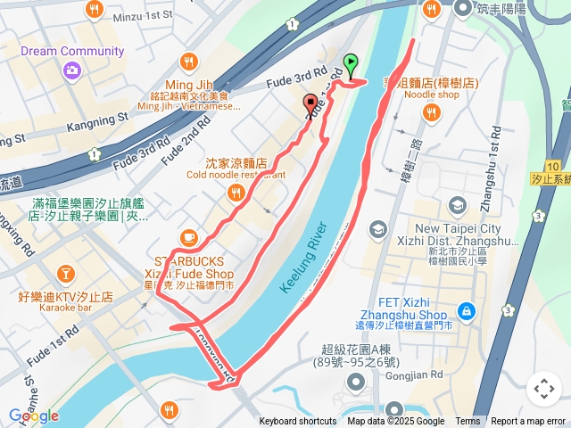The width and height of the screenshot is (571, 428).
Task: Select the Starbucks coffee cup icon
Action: coord(187,237)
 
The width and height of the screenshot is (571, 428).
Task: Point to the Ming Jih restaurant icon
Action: coord(188,62)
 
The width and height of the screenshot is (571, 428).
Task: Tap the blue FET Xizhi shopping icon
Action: coord(465,311)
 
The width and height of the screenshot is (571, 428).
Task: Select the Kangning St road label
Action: coord(97,118)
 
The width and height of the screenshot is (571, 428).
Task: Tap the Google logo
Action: coord(33,416)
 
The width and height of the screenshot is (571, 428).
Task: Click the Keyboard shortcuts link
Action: coord(298,422)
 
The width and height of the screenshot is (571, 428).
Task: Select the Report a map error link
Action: coord(528,422)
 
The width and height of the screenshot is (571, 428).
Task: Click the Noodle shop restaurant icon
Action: coord(432,112)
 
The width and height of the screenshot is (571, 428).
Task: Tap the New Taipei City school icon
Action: coord(457,206)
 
